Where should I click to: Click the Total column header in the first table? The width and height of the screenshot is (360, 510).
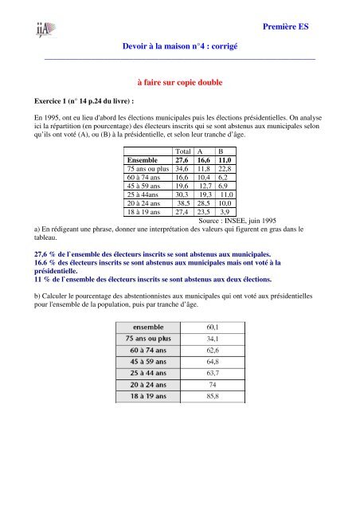tap(183, 151)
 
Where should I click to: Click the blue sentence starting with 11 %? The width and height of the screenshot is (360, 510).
tap(148, 281)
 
